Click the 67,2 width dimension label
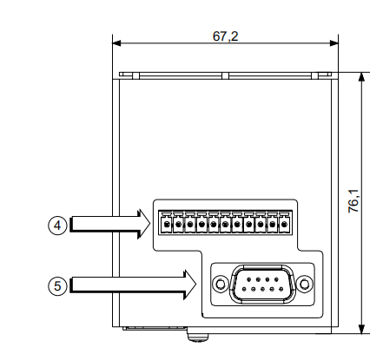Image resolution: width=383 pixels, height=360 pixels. (x=225, y=36)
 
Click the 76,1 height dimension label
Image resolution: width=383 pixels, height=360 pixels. (x=353, y=201)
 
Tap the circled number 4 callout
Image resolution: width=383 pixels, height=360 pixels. (x=57, y=226)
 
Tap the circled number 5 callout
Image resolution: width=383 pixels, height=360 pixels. (x=57, y=286)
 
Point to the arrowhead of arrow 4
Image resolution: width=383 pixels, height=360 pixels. (x=144, y=224)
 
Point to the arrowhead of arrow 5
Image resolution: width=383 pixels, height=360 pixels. (x=190, y=285)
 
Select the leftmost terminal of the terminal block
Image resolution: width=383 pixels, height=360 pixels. (x=167, y=223)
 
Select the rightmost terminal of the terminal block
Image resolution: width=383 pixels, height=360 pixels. (x=285, y=223)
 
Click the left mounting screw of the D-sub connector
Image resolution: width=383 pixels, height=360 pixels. (x=221, y=284)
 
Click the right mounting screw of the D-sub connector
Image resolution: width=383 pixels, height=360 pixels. (x=305, y=284)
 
